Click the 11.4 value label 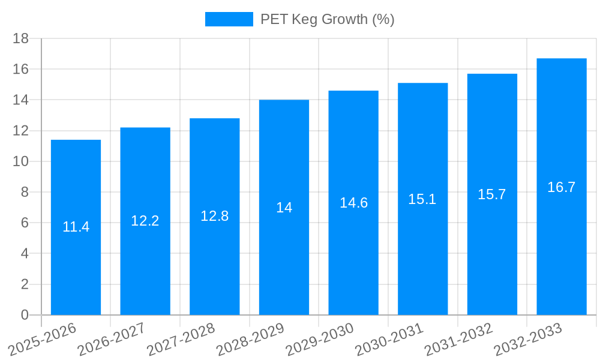(76, 227)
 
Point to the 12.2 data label (145, 221)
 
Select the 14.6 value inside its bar (353, 203)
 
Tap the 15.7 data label (492, 194)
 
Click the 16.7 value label (562, 187)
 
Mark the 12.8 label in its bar (215, 216)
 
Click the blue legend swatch (229, 19)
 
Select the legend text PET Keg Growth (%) (327, 19)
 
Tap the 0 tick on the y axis (25, 315)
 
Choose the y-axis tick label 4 (25, 254)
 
